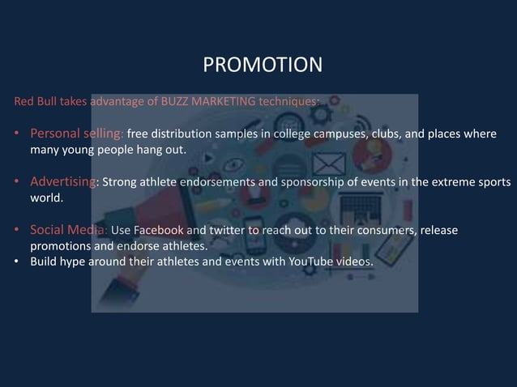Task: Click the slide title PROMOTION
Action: click(x=262, y=64)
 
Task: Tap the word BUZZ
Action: click(x=174, y=102)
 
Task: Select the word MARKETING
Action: click(x=224, y=102)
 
